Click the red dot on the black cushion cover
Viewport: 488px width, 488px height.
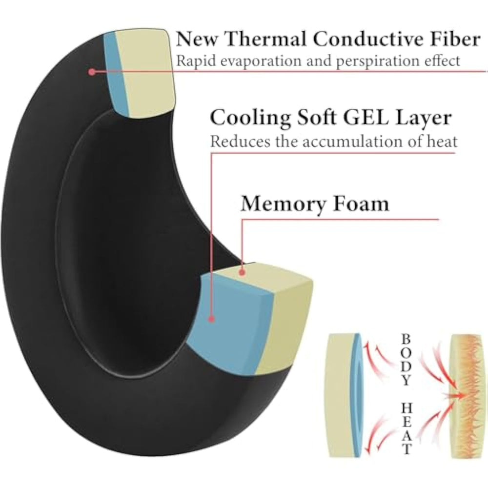pyautogui.click(x=91, y=72)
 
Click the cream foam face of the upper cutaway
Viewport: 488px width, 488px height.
pyautogui.click(x=146, y=68)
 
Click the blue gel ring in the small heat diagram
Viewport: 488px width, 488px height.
pyautogui.click(x=359, y=386)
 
